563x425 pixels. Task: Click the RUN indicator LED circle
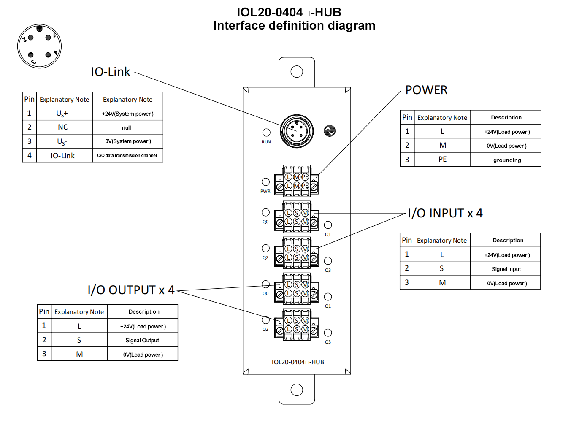[266, 133]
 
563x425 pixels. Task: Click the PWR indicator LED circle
[265, 182]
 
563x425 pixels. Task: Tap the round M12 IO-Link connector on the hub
[297, 131]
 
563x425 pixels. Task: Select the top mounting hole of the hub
[297, 72]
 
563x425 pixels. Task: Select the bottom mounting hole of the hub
[297, 390]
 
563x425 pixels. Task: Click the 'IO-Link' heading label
[111, 72]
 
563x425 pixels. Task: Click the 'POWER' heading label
[426, 90]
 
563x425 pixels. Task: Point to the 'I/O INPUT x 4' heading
[445, 213]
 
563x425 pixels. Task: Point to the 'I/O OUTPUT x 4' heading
[131, 290]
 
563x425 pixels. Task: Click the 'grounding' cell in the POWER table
[507, 160]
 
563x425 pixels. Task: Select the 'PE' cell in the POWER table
[442, 159]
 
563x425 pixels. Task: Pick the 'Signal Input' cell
[506, 269]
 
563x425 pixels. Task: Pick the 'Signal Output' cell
[142, 340]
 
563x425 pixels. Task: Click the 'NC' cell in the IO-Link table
[63, 127]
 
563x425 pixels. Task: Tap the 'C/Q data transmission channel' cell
[127, 155]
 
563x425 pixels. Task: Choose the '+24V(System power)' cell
[127, 114]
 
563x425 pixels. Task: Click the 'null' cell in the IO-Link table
[127, 127]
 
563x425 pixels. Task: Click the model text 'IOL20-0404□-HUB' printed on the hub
[298, 362]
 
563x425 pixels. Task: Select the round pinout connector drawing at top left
[39, 46]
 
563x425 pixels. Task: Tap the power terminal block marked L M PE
[297, 181]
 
